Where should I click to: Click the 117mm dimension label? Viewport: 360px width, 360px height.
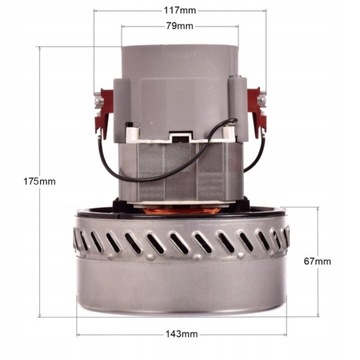coord(181,10)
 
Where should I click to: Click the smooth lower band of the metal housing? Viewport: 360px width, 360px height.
coord(180,285)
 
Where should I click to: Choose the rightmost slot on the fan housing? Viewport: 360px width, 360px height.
coord(284,238)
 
